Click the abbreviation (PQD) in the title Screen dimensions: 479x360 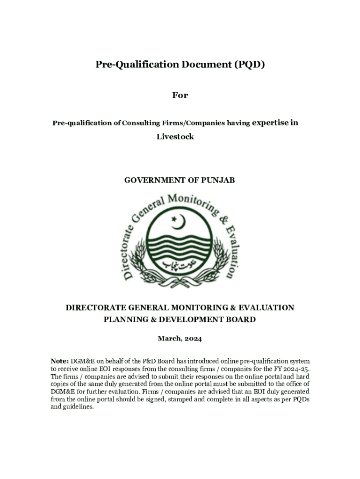249,65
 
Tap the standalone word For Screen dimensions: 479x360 180,95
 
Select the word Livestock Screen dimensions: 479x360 175,137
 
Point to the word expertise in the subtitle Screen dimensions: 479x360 270,123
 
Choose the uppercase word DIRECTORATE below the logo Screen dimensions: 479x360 99,308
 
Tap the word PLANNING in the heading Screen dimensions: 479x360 125,320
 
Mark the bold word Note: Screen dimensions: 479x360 60,362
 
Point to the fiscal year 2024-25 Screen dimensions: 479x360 296,369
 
